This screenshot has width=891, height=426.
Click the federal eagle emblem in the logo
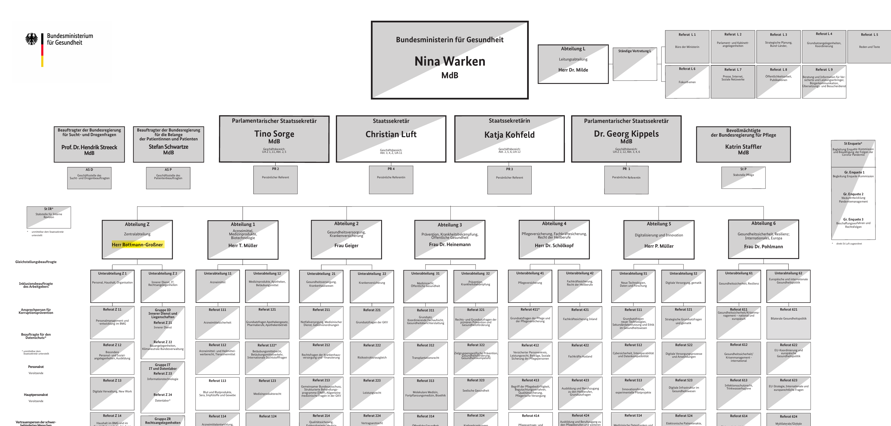(32, 39)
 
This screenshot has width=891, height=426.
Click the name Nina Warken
(450, 62)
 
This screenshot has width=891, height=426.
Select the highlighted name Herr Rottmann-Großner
(137, 245)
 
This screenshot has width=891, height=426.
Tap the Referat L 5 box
(869, 46)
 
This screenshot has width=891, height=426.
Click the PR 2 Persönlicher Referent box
(275, 179)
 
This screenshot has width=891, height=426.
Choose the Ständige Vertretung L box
(634, 64)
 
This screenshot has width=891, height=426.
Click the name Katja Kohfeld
(509, 135)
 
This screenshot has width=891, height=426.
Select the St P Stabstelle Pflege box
(743, 177)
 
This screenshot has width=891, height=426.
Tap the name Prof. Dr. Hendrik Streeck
(89, 147)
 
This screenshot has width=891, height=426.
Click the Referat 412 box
(530, 358)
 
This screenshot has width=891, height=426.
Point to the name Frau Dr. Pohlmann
(763, 246)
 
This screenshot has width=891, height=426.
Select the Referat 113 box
(217, 393)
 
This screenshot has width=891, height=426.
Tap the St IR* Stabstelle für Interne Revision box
(49, 217)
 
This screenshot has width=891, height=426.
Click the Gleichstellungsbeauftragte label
(36, 262)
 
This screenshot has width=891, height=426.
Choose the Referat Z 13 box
(112, 393)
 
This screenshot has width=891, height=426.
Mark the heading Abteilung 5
(659, 224)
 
